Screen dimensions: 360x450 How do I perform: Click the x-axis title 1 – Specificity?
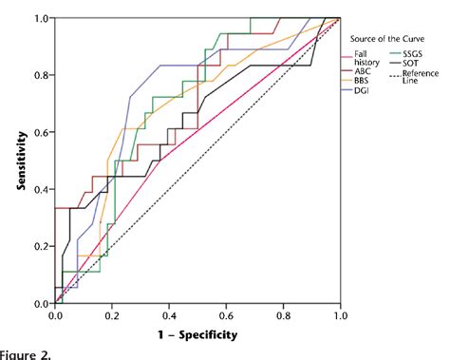[197, 334]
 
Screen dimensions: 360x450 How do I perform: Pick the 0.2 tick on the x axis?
[112, 313]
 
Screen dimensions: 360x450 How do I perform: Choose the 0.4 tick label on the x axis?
[169, 313]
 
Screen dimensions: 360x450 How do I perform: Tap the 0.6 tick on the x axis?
[226, 313]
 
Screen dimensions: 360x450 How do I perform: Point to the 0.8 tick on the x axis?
[283, 313]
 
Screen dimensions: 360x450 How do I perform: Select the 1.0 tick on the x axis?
[339, 313]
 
